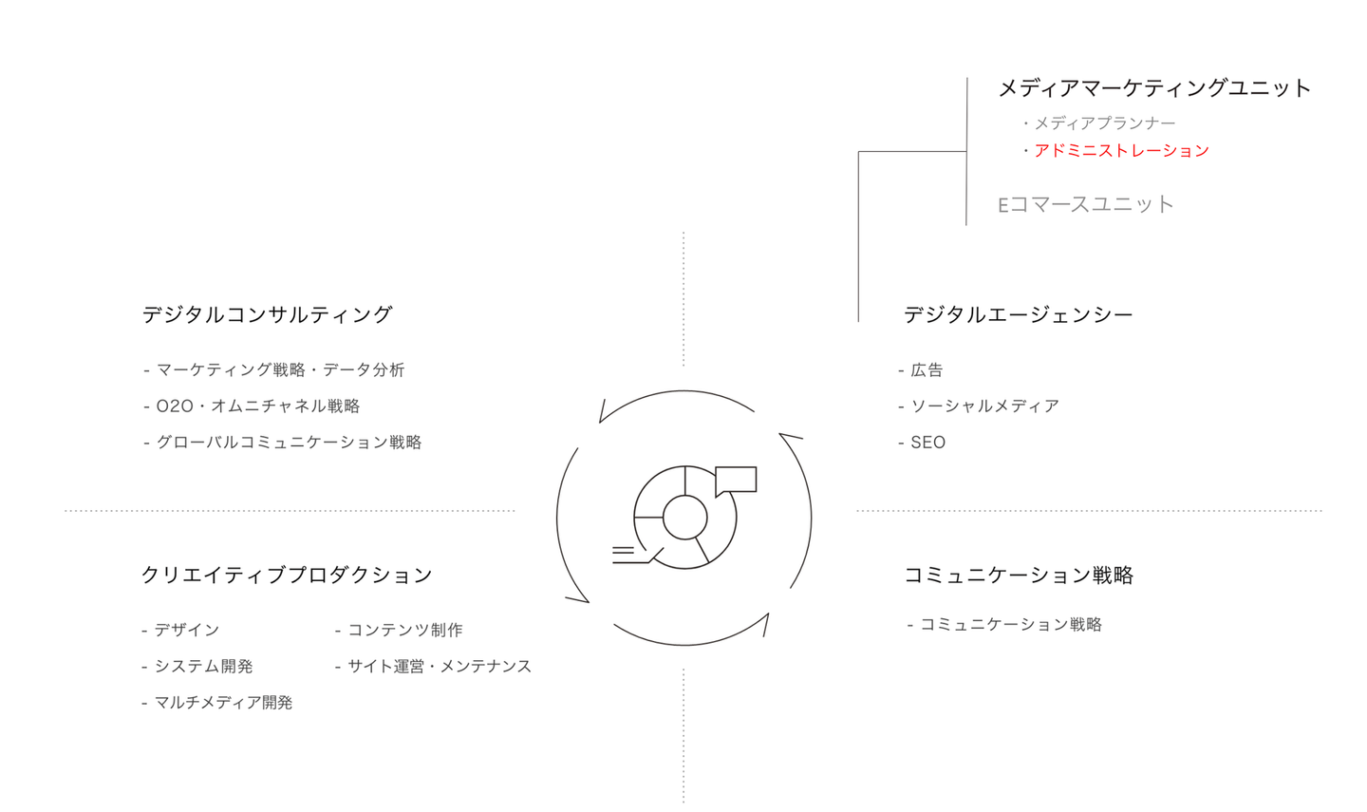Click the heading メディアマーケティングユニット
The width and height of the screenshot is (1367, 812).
click(1154, 88)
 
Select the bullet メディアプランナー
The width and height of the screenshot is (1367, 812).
click(1105, 123)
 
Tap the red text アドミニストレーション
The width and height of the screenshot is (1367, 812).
click(1122, 151)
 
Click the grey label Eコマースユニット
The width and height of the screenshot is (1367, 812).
click(1086, 204)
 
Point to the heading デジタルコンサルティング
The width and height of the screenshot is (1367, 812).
click(267, 315)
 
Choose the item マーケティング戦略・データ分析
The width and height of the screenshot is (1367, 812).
click(281, 370)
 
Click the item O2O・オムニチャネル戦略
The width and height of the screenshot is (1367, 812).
click(258, 406)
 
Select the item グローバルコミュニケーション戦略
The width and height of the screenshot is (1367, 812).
click(289, 442)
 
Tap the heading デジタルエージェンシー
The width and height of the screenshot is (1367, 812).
click(1018, 315)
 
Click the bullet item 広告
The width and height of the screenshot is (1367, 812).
click(927, 370)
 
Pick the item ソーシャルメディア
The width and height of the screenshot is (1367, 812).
click(985, 406)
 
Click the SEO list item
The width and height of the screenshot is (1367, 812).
click(928, 442)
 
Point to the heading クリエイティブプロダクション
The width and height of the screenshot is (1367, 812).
click(287, 576)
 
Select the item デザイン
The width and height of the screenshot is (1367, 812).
click(187, 630)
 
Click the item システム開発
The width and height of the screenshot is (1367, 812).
click(203, 666)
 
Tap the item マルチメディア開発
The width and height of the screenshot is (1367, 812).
click(223, 703)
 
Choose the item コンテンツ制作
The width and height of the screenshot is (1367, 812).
click(405, 630)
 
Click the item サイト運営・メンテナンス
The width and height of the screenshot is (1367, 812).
click(440, 666)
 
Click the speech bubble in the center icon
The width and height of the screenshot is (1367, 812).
click(736, 480)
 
